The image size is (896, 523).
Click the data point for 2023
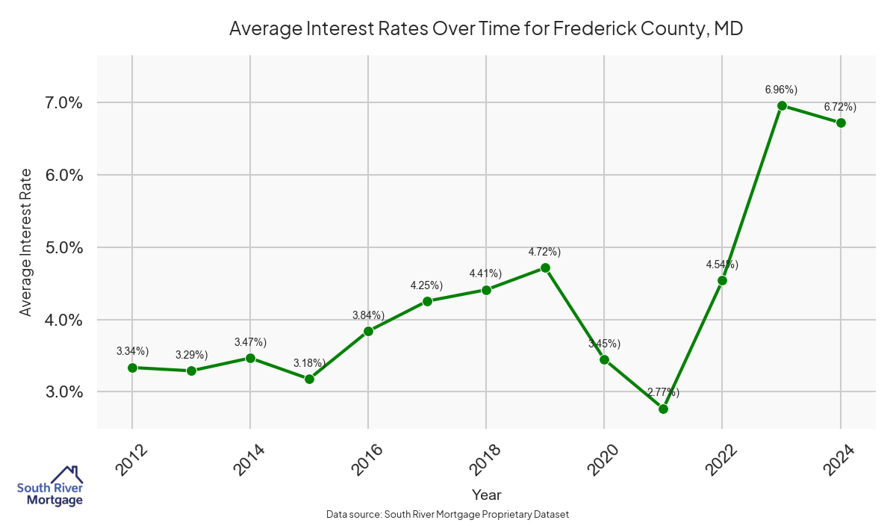pyautogui.click(x=782, y=105)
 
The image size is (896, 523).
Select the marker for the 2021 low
pyautogui.click(x=663, y=409)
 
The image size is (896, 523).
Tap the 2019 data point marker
pyautogui.click(x=545, y=267)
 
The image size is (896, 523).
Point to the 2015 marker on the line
pyautogui.click(x=309, y=379)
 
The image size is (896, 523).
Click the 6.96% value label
pyautogui.click(x=781, y=90)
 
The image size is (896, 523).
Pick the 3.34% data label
pyautogui.click(x=132, y=351)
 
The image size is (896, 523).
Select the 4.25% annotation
pyautogui.click(x=426, y=285)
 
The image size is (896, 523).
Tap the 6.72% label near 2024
pyautogui.click(x=840, y=107)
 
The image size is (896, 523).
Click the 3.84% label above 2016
pyautogui.click(x=368, y=315)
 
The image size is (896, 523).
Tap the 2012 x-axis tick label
pyautogui.click(x=128, y=460)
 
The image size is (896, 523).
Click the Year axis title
pyautogui.click(x=486, y=495)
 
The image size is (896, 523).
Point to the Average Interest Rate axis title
pyautogui.click(x=26, y=242)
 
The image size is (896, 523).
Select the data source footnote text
pyautogui.click(x=448, y=514)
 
